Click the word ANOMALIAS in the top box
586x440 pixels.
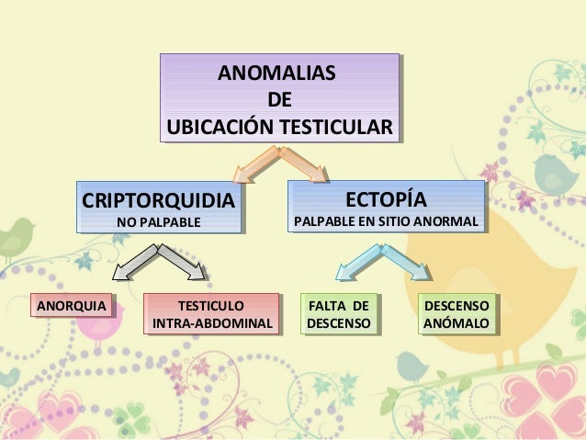click(276, 73)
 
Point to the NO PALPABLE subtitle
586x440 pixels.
click(156, 222)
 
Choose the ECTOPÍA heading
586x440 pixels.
click(386, 199)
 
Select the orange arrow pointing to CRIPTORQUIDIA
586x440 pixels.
click(254, 167)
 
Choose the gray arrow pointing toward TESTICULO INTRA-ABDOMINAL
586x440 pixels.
click(185, 261)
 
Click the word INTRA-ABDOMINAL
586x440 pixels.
click(211, 324)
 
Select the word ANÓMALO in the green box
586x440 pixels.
click(456, 324)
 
